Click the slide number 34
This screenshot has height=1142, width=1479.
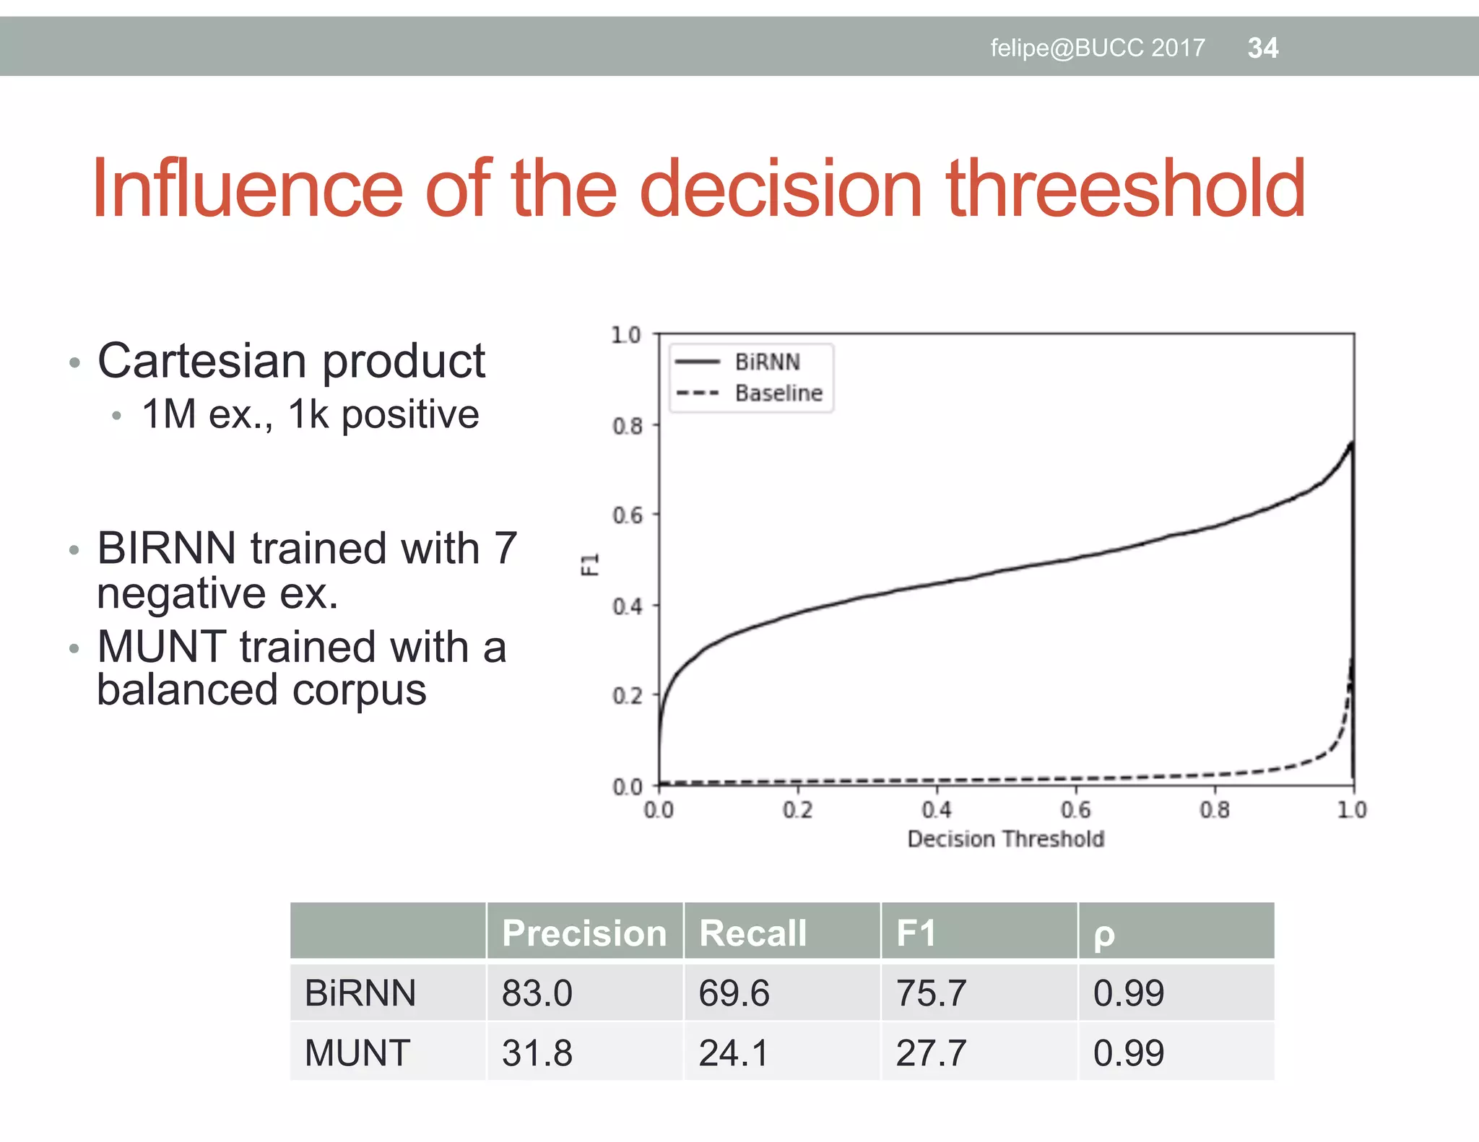tap(1262, 48)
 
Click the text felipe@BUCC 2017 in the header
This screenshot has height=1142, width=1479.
tap(1097, 48)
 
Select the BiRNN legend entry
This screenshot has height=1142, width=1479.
tap(767, 362)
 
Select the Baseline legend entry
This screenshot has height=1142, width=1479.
tap(778, 393)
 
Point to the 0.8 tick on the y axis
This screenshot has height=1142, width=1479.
tap(627, 426)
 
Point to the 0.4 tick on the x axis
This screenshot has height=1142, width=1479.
tap(937, 810)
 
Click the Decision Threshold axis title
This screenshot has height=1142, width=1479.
tap(1005, 839)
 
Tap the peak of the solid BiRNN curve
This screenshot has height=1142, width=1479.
tap(1352, 442)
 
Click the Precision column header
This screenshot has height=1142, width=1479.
tap(584, 933)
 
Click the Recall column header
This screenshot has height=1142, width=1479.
tap(752, 933)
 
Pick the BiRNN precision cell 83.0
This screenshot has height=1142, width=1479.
tap(537, 993)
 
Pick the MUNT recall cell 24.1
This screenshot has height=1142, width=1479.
tap(734, 1052)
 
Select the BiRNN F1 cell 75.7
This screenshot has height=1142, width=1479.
tap(930, 993)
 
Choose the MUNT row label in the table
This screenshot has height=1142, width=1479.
tap(357, 1052)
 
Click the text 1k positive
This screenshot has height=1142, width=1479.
tap(383, 414)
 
